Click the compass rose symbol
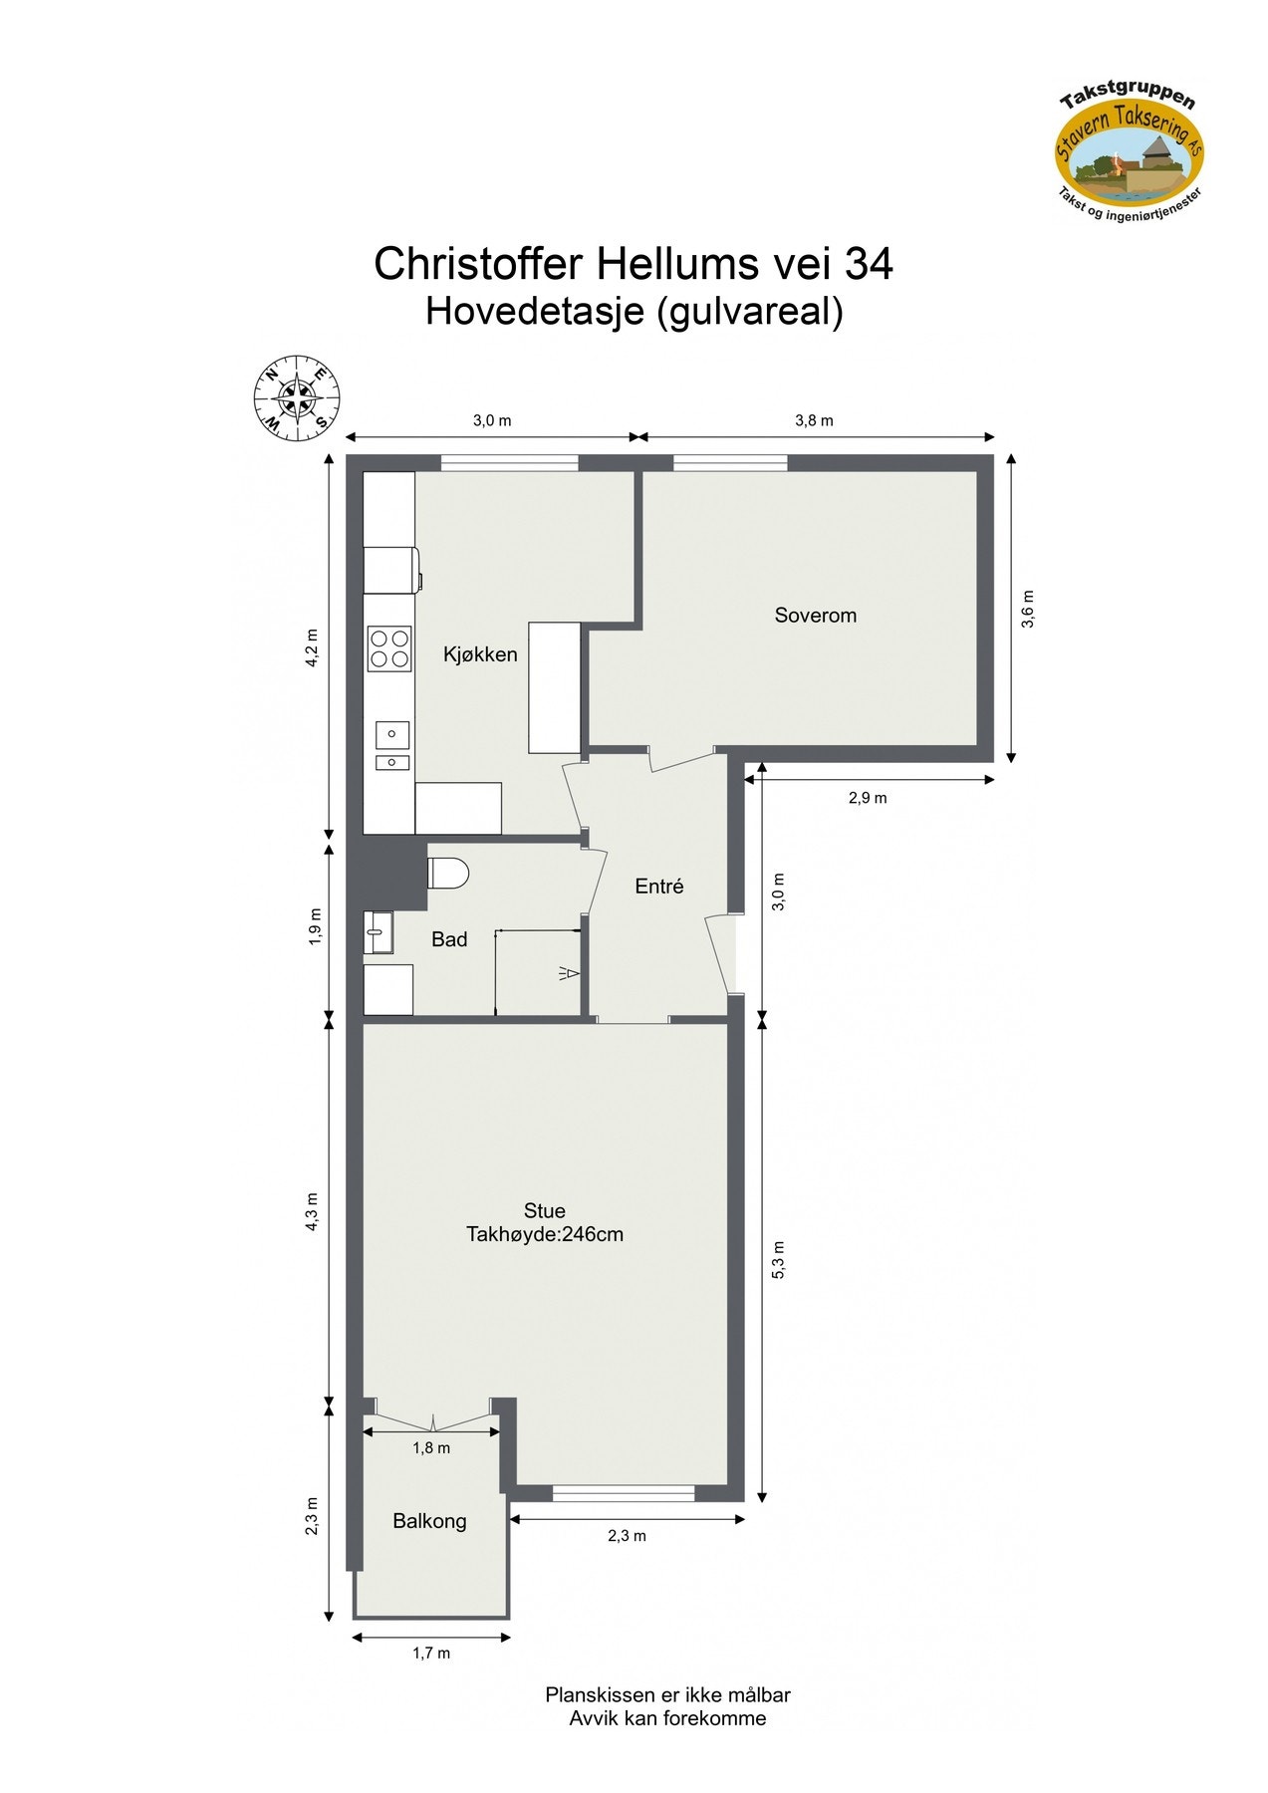[297, 396]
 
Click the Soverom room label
[815, 616]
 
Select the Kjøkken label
[480, 654]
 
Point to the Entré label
[659, 887]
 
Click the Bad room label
[449, 939]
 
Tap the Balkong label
[429, 1521]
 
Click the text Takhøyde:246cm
[545, 1235]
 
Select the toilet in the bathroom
[448, 874]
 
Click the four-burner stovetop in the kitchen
[389, 647]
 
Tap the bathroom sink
[378, 932]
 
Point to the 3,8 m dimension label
[814, 420]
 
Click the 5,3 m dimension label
[779, 1259]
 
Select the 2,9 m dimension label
[867, 798]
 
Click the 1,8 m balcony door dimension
[431, 1448]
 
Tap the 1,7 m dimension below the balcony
[431, 1654]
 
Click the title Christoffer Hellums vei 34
[634, 264]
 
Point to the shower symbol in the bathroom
[570, 973]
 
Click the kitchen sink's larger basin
[391, 734]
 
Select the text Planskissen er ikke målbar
[667, 1694]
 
